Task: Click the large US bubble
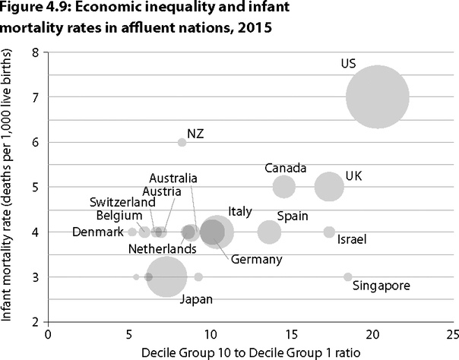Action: point(377,97)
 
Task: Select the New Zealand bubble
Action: point(182,142)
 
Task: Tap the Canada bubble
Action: point(283,187)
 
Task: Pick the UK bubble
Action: point(328,187)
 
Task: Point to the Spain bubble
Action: point(269,232)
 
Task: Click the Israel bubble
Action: point(329,232)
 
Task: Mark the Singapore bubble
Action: point(348,277)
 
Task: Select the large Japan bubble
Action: point(166,277)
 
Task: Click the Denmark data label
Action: point(97,232)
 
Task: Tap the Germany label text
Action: point(256,260)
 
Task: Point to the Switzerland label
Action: point(122,202)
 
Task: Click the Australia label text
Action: point(173,178)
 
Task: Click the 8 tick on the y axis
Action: point(35,52)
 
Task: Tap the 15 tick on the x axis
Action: point(292,333)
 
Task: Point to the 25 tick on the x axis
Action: point(453,333)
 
